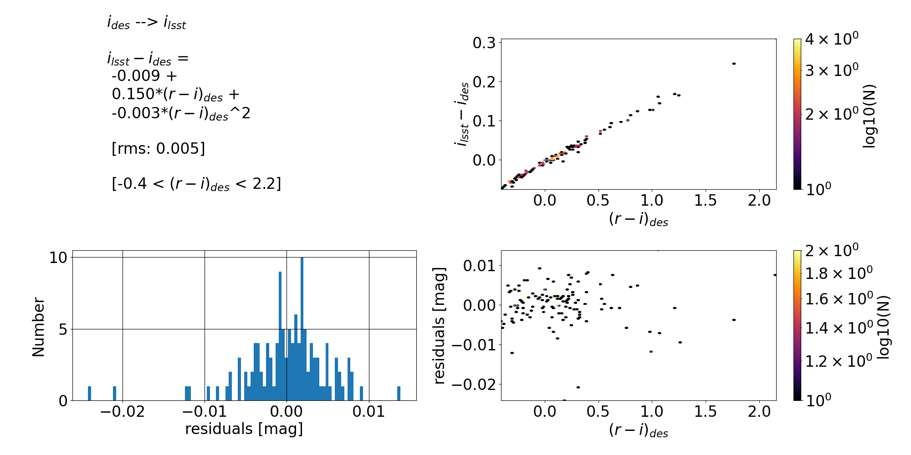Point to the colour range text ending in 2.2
click(x=196, y=184)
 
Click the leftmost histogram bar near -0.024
click(x=89, y=394)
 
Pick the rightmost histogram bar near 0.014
click(x=399, y=394)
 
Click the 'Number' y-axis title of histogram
click(x=39, y=327)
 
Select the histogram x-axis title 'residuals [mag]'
click(x=244, y=429)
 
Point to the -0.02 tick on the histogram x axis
click(x=123, y=412)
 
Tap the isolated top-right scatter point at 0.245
click(x=734, y=64)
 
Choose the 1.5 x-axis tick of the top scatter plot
click(x=706, y=200)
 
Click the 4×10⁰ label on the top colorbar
click(x=832, y=39)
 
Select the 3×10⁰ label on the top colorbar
click(x=832, y=71)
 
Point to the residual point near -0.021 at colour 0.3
click(x=578, y=387)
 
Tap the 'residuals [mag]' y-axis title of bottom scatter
click(x=440, y=326)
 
